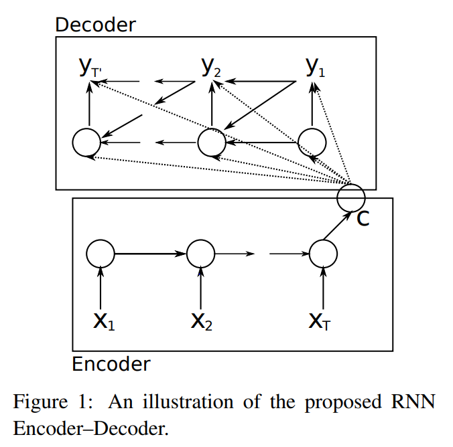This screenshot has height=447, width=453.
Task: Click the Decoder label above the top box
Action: (x=95, y=25)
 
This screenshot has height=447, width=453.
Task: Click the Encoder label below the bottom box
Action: (x=111, y=364)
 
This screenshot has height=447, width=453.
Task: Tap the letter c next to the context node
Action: (x=363, y=218)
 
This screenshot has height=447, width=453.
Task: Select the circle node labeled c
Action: (x=351, y=197)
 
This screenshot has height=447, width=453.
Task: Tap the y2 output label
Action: (x=212, y=67)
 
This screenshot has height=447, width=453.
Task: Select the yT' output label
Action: (x=90, y=67)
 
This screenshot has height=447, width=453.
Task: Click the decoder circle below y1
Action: (x=312, y=142)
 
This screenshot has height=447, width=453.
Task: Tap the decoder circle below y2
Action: (x=212, y=142)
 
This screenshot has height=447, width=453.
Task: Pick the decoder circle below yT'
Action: (x=86, y=142)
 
